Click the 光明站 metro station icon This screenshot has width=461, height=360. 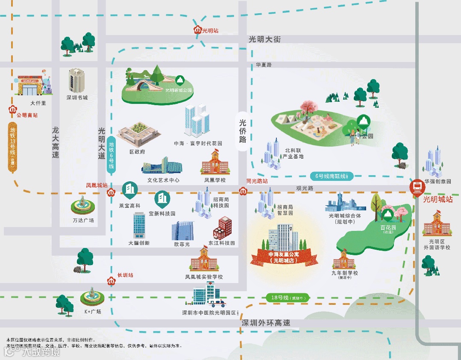coord(198,30)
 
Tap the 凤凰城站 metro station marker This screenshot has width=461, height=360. coord(110,192)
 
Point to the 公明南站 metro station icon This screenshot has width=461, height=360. coord(12,109)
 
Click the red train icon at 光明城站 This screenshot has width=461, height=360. coord(416,187)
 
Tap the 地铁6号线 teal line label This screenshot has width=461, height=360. coord(111,156)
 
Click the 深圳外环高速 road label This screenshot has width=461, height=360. coord(265,323)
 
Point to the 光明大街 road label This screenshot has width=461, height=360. coord(264,39)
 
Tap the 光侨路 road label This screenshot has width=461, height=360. coord(243,131)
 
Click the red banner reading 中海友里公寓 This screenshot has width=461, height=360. coord(284,257)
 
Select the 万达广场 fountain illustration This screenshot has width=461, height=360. coord(83,207)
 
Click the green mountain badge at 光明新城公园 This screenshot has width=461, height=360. coord(180,80)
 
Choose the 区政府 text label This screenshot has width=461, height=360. coord(137,151)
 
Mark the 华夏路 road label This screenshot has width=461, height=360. coord(264,65)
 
